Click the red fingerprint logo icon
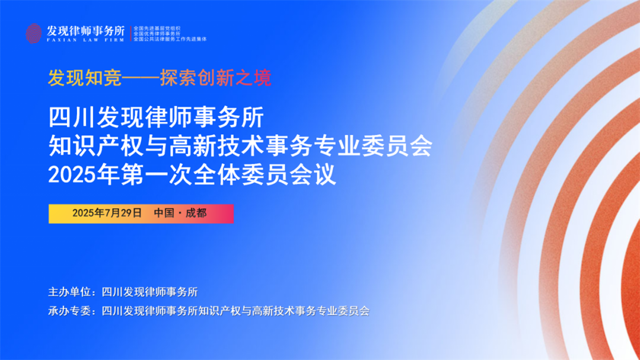click(33, 33)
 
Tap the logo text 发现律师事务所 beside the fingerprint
click(85, 31)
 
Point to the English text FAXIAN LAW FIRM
click(85, 40)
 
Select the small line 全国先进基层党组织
click(157, 28)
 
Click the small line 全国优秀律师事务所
click(157, 33)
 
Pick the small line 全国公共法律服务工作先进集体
click(170, 39)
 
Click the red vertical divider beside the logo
click(130, 33)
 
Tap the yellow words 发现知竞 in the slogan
click(85, 78)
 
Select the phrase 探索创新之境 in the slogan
click(215, 78)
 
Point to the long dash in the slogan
click(141, 78)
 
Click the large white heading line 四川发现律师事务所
click(157, 117)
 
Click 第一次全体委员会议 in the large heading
click(228, 175)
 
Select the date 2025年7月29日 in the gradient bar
click(107, 213)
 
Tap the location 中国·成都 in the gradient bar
click(180, 213)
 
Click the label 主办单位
click(70, 292)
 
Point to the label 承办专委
click(70, 311)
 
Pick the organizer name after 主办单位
click(150, 292)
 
